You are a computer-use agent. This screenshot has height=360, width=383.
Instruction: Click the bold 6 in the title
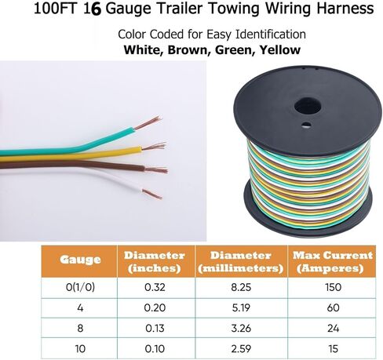point(96,9)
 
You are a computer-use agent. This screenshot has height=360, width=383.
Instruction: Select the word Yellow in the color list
point(280,50)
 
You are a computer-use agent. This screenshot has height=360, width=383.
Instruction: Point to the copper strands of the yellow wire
point(154,147)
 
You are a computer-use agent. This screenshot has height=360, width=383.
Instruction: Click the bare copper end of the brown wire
point(156,169)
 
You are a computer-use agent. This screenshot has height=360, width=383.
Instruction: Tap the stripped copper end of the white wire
point(152,194)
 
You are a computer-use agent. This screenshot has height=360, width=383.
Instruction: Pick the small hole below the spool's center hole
point(305,125)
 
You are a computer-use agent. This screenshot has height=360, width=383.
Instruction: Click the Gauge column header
point(80,260)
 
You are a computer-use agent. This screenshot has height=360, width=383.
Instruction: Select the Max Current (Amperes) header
point(333,262)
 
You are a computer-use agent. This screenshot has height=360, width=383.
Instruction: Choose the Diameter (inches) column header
point(155,262)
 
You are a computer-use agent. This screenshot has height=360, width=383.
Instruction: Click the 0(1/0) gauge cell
point(80,287)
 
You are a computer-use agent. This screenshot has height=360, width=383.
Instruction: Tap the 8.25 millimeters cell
point(241,287)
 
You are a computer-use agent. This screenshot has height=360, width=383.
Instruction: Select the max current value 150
point(334,287)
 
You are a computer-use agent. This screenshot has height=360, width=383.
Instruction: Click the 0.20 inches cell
point(155,307)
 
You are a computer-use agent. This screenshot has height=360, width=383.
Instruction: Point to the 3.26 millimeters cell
point(241,328)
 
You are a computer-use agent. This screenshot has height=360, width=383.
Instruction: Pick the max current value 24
point(334,328)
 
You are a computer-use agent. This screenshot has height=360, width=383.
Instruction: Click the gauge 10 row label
point(80,349)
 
